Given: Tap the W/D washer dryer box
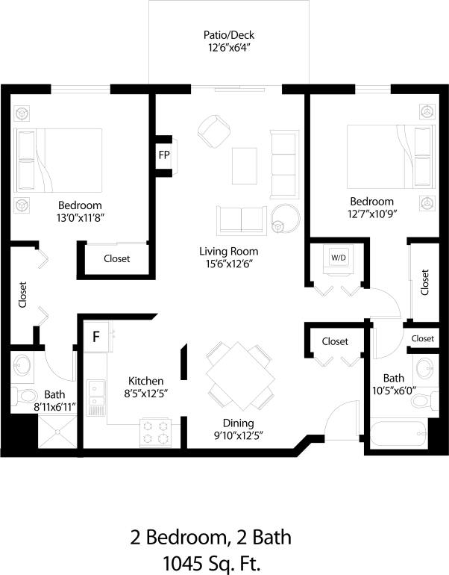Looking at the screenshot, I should pyautogui.click(x=339, y=258).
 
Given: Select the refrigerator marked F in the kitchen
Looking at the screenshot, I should pyautogui.click(x=96, y=336).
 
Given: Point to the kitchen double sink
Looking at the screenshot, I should pyautogui.click(x=96, y=397).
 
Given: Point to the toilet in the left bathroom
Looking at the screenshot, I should pyautogui.click(x=24, y=395).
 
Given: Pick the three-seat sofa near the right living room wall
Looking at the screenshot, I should pyautogui.click(x=284, y=162).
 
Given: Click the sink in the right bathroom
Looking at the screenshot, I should pyautogui.click(x=424, y=369).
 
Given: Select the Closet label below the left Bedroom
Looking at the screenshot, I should pyautogui.click(x=116, y=258).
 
